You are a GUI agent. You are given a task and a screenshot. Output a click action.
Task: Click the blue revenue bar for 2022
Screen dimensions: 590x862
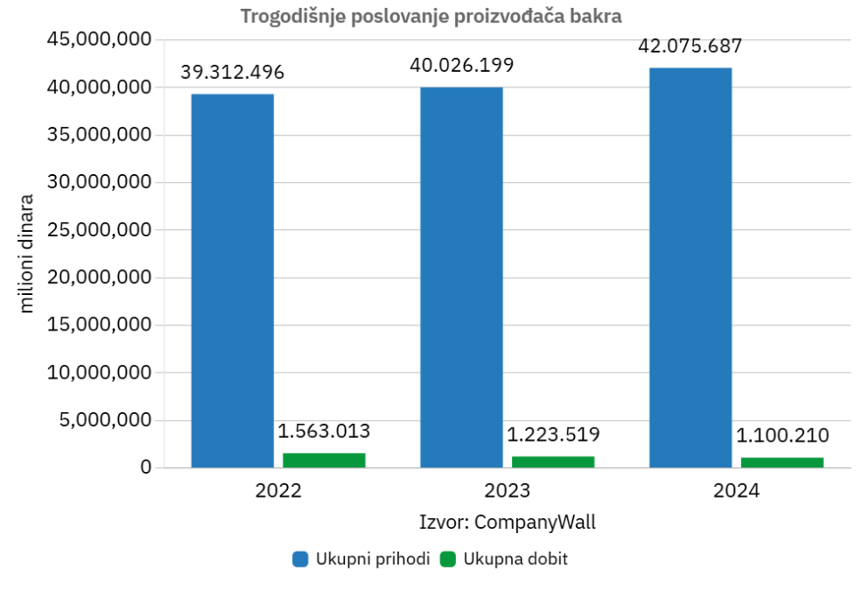(x=233, y=280)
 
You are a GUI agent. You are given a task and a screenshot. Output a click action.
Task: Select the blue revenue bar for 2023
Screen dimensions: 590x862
(x=461, y=276)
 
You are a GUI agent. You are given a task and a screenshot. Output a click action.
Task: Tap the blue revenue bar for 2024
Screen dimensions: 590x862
(x=690, y=267)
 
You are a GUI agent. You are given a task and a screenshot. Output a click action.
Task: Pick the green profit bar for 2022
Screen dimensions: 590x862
(x=324, y=459)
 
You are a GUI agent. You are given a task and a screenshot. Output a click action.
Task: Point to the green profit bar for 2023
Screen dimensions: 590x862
(x=553, y=461)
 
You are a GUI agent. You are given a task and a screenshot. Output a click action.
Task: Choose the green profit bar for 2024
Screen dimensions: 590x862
(x=782, y=462)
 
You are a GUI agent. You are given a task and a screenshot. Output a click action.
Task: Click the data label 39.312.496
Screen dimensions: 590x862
(x=233, y=73)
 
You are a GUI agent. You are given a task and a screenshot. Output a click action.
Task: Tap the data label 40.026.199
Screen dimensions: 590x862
(x=461, y=66)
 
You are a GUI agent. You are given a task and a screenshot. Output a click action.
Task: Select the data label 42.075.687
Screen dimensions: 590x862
(x=690, y=46)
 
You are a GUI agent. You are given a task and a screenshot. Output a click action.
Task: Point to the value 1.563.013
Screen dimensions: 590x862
(x=324, y=432)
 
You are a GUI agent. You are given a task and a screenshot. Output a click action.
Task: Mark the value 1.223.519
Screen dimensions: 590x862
(x=553, y=435)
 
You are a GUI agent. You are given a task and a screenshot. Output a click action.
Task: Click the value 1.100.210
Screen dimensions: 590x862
(x=782, y=435)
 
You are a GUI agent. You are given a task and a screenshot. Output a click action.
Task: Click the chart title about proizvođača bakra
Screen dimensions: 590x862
(x=430, y=16)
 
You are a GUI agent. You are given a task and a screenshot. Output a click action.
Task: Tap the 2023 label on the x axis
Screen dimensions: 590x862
(x=507, y=491)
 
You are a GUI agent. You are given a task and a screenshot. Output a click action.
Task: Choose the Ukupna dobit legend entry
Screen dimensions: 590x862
(x=503, y=559)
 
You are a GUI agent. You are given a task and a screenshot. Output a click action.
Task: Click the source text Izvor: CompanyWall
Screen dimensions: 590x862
(x=507, y=522)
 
